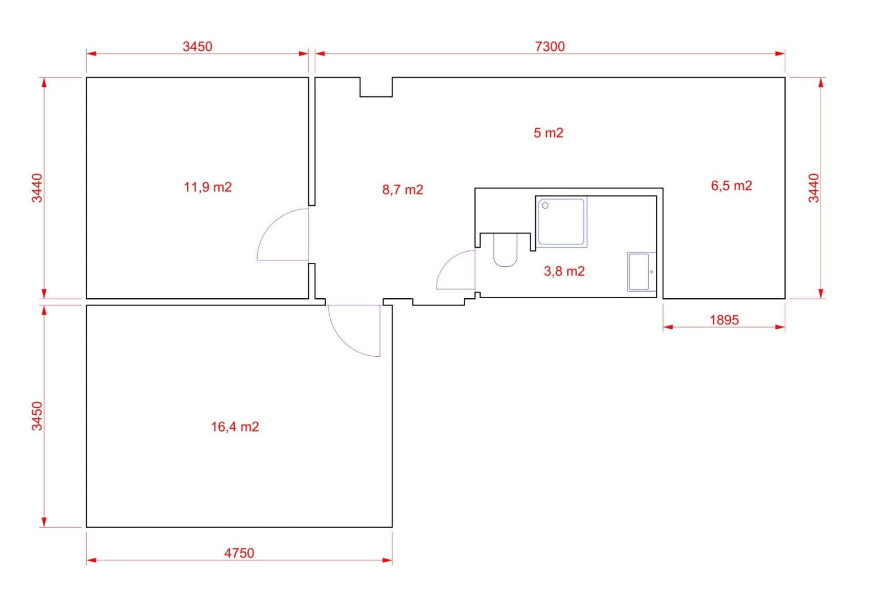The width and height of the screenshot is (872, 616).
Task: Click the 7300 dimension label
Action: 549,46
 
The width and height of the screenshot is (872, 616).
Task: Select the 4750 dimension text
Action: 239,553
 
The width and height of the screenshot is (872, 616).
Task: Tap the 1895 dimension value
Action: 724,320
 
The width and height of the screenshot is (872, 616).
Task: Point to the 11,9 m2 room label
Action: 207,187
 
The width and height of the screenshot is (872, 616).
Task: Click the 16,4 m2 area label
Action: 235,427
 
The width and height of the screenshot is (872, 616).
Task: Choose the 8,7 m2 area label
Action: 402,190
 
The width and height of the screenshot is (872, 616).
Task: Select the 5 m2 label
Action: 548,133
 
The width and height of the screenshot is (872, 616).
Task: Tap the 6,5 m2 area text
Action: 731,185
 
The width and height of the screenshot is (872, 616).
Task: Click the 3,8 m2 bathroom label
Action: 564,271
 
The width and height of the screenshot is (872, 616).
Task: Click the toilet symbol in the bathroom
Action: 505,250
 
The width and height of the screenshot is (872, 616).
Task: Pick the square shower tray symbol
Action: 561,222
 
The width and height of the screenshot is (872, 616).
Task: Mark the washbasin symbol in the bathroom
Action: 640,272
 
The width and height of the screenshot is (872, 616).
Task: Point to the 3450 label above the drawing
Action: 197,46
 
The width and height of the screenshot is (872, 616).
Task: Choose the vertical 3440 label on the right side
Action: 814,188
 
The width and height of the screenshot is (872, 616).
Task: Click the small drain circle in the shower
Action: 545,205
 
